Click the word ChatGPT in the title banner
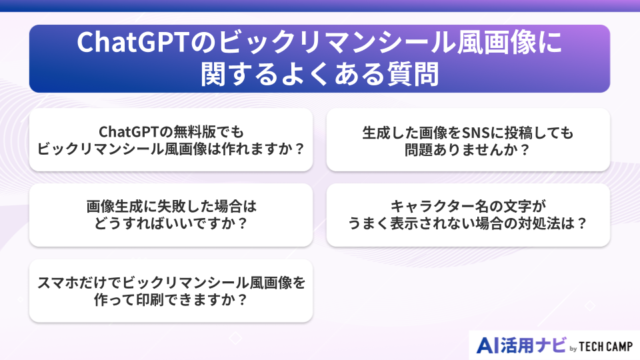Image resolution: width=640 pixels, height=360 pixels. click(133, 43)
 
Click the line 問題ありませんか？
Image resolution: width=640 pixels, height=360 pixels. click(467, 148)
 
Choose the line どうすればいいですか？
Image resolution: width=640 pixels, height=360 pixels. click(171, 223)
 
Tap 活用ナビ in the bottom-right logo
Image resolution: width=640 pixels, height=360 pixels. click(533, 345)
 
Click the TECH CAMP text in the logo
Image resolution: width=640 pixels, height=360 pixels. click(606, 347)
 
